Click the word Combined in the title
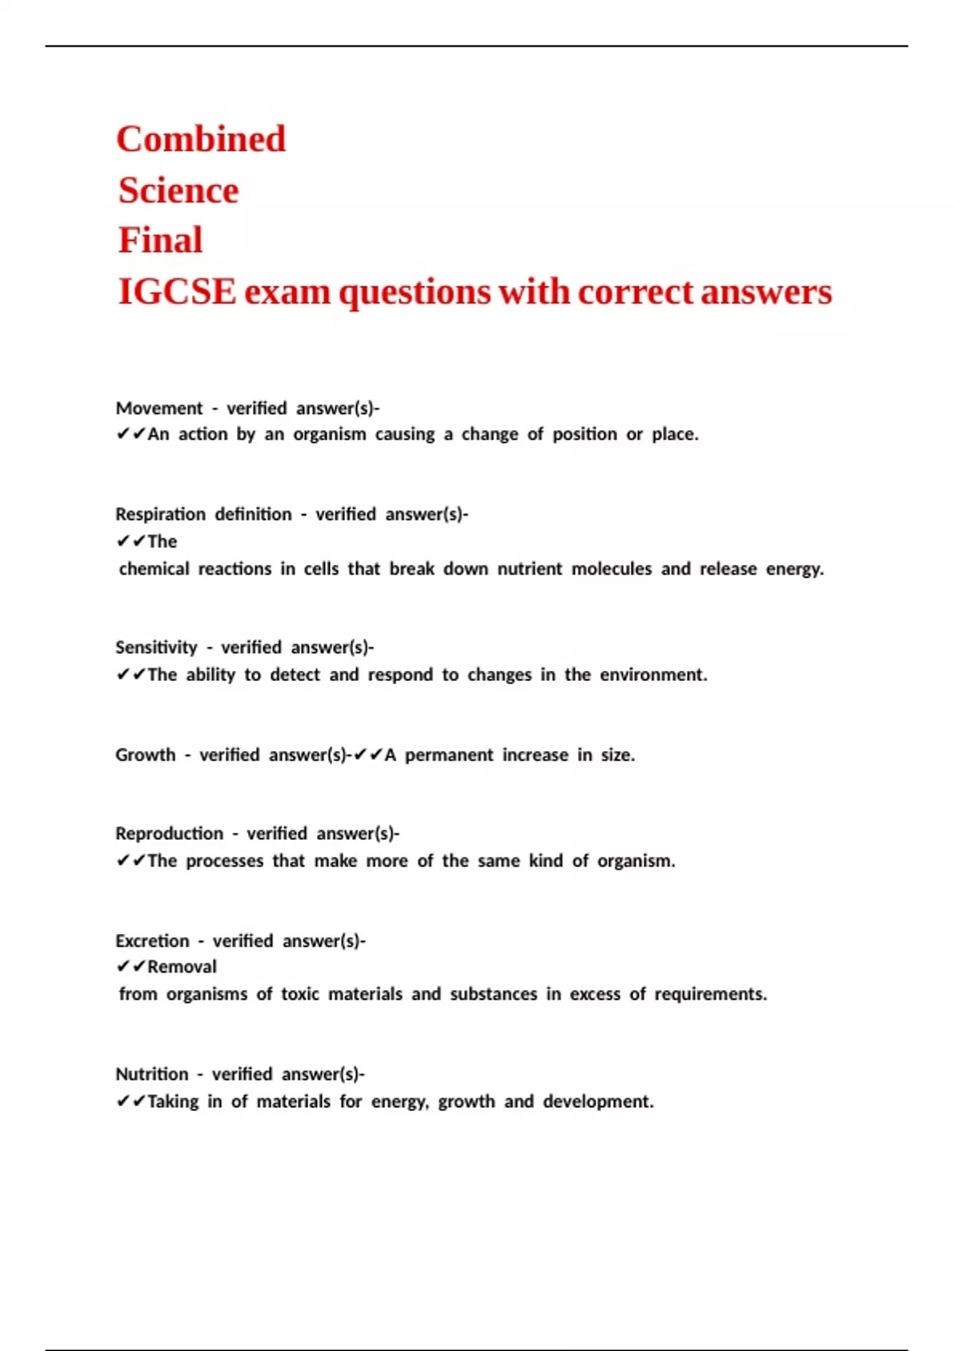(200, 139)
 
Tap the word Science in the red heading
(178, 191)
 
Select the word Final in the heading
(161, 240)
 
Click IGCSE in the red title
(176, 292)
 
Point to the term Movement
(159, 408)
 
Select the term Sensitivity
(156, 648)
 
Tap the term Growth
(145, 755)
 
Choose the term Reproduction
(169, 834)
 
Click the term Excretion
(152, 941)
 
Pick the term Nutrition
(152, 1074)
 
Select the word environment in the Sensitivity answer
(652, 675)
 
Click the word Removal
(181, 967)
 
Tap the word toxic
(300, 994)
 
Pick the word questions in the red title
(414, 292)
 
